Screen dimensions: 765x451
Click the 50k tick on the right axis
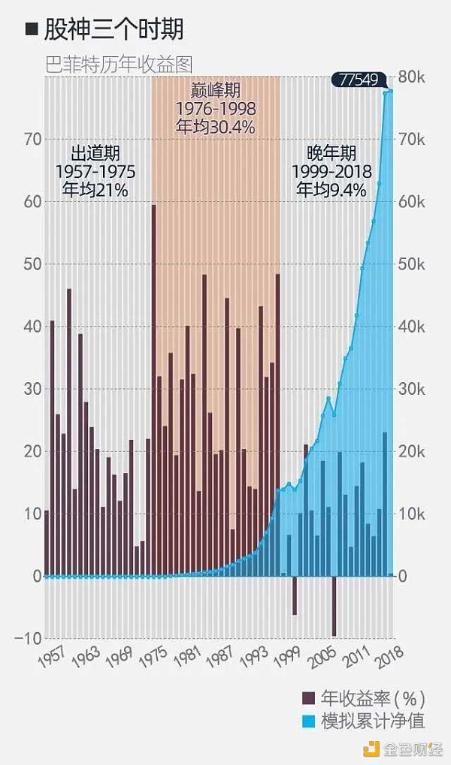(412, 264)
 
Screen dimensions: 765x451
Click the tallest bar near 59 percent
(153, 390)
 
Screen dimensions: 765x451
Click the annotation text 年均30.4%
(215, 127)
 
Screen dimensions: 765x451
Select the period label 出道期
(95, 153)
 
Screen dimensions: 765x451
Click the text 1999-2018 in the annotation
(331, 171)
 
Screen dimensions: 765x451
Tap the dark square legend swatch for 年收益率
(308, 696)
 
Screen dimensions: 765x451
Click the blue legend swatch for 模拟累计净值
(308, 721)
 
